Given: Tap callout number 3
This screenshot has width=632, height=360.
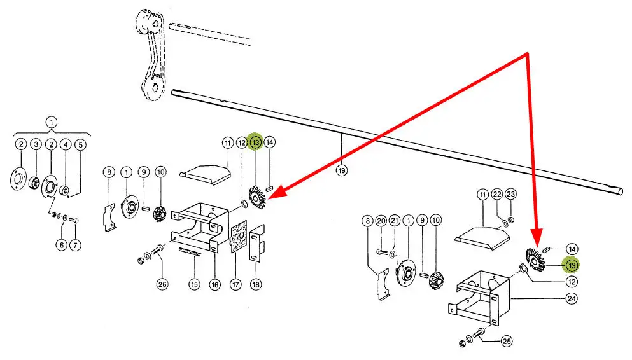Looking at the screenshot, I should click(x=36, y=144).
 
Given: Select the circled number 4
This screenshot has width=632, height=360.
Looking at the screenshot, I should click(x=65, y=144).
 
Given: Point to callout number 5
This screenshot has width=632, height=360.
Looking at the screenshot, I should click(x=80, y=144).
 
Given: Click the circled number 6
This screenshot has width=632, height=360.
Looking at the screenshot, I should click(x=62, y=244).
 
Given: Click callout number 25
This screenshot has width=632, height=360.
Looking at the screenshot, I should click(x=507, y=342).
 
